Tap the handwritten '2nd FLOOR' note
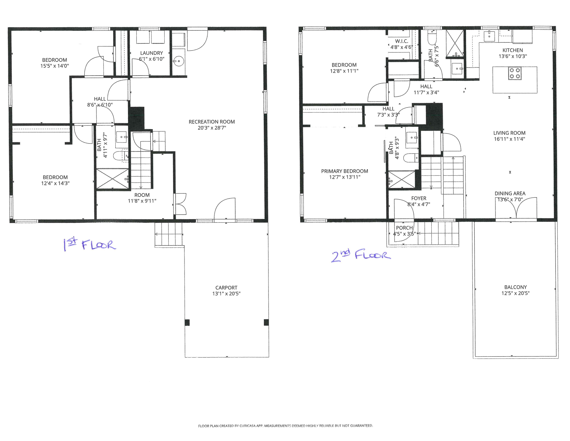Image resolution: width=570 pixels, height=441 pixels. click(x=361, y=255)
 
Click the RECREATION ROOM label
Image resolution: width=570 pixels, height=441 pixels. click(x=212, y=122)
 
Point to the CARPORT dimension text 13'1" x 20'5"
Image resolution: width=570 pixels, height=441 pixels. click(x=226, y=294)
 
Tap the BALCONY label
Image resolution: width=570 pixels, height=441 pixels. click(x=516, y=287)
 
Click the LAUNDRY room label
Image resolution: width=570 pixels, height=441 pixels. click(x=151, y=53)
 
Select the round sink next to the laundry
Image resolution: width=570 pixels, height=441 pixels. click(x=179, y=61)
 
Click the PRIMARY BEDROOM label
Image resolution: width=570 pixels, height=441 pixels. click(x=345, y=171)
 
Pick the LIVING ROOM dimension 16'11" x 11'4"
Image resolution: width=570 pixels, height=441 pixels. click(x=509, y=139)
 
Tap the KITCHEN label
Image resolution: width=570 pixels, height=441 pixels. click(x=513, y=50)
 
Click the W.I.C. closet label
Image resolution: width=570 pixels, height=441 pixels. click(x=401, y=41)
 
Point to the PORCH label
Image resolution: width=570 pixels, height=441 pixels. click(x=404, y=228)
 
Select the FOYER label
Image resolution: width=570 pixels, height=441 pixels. click(x=419, y=198)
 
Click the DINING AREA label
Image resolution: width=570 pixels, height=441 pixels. click(x=510, y=193)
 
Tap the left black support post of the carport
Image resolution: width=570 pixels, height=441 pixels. click(x=187, y=322)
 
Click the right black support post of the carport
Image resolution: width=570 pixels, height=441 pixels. click(x=266, y=322)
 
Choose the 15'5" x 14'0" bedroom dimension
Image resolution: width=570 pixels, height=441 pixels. click(x=54, y=66)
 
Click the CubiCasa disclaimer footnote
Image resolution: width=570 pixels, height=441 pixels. click(x=285, y=425)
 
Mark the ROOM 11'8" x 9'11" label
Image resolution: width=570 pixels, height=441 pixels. click(x=142, y=198)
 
